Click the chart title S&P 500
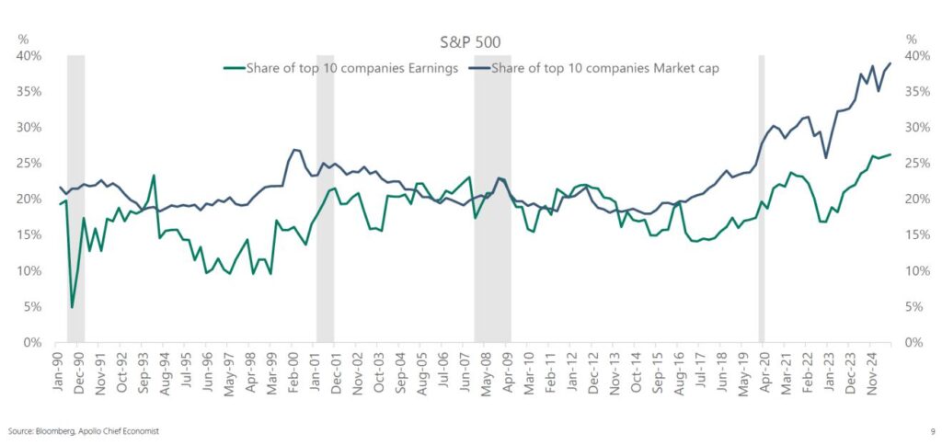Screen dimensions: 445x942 coord(470,42)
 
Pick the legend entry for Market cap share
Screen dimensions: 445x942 coord(612,68)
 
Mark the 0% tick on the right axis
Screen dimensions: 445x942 coord(914,343)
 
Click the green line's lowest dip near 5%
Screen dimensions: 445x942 coord(72,307)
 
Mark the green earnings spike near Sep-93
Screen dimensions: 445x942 coord(154,176)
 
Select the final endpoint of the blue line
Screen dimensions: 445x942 coord(890,63)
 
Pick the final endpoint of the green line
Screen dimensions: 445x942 coord(890,154)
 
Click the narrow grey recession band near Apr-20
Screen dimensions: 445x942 coord(762,198)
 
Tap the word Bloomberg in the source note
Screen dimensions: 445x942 coord(52,430)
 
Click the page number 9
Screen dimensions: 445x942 coord(932,430)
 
